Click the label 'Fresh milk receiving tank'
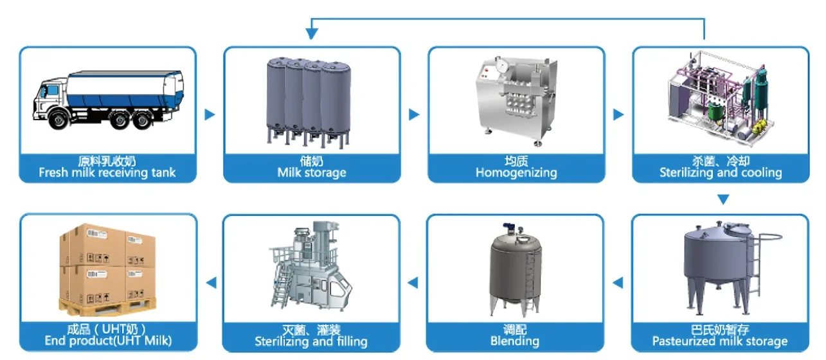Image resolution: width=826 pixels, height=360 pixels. click(x=107, y=172)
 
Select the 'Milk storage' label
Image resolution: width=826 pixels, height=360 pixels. click(x=312, y=172)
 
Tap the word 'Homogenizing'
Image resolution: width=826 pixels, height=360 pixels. click(x=516, y=172)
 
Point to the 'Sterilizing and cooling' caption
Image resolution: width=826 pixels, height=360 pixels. click(x=721, y=172)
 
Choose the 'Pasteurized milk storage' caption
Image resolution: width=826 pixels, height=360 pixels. click(x=720, y=341)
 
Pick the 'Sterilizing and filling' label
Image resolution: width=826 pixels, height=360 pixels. click(x=311, y=341)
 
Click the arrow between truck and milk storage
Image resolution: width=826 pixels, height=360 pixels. click(x=210, y=114)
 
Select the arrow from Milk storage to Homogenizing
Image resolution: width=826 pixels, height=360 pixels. click(x=414, y=114)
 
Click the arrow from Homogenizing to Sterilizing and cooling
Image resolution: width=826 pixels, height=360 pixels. click(x=618, y=114)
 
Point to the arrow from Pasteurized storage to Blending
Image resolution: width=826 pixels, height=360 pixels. click(x=618, y=282)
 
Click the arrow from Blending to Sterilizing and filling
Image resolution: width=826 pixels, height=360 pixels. click(x=413, y=282)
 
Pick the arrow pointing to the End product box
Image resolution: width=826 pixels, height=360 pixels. click(x=210, y=282)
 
